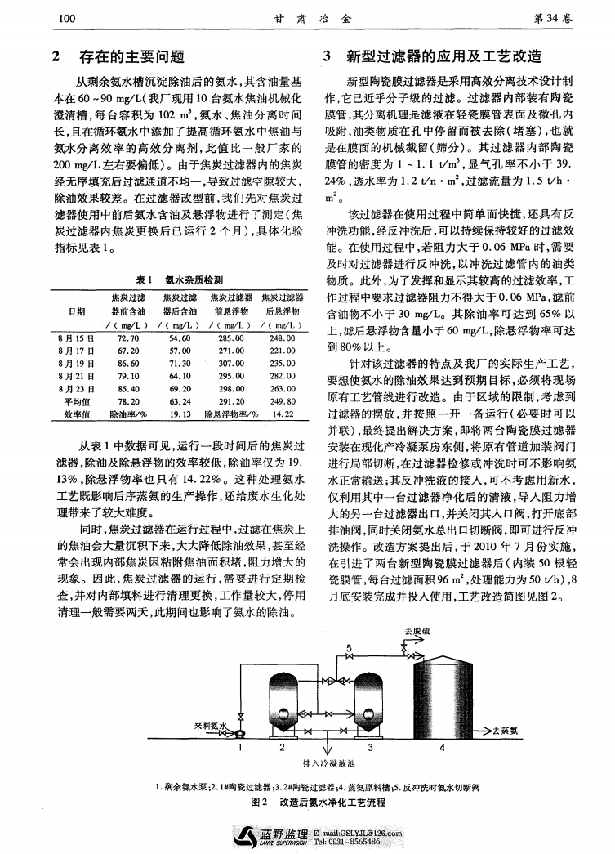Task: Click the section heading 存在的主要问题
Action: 131,57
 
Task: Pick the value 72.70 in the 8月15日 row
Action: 127,336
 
